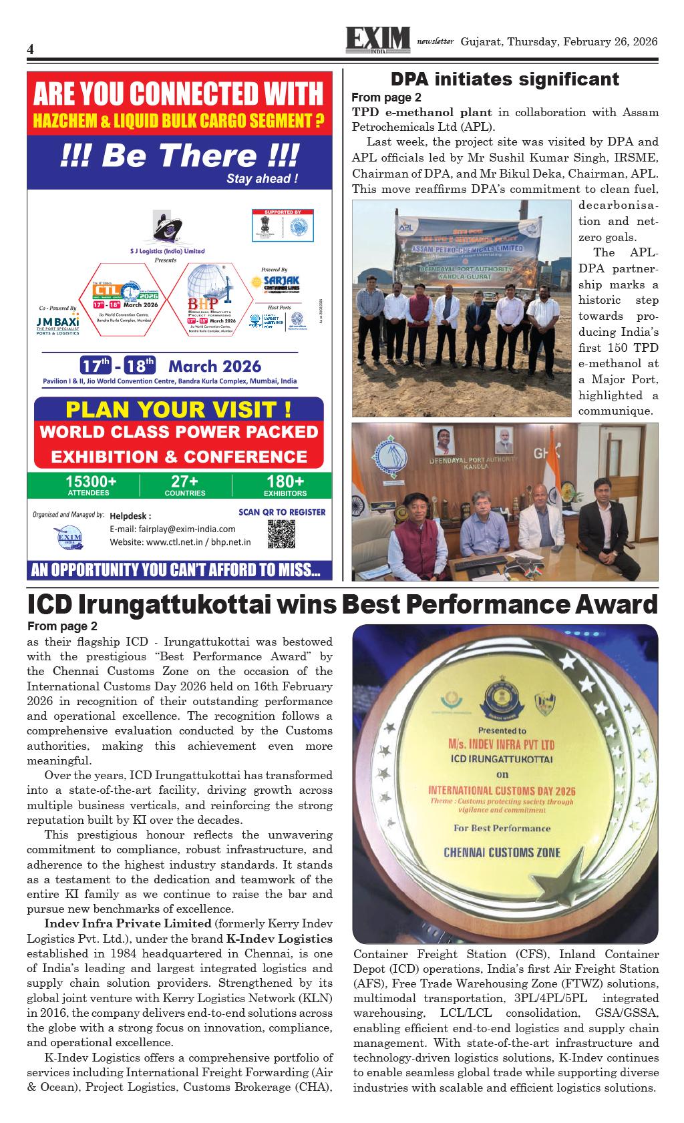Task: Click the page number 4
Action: [31, 51]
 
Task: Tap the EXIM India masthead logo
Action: [377, 41]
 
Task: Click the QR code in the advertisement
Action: [281, 533]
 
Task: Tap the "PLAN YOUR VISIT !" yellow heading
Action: [178, 409]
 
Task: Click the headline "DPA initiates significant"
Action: [504, 79]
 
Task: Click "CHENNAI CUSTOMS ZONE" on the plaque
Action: [502, 853]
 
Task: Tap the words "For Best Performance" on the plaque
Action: [502, 829]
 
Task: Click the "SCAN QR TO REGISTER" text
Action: [282, 512]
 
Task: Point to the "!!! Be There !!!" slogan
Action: [179, 156]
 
